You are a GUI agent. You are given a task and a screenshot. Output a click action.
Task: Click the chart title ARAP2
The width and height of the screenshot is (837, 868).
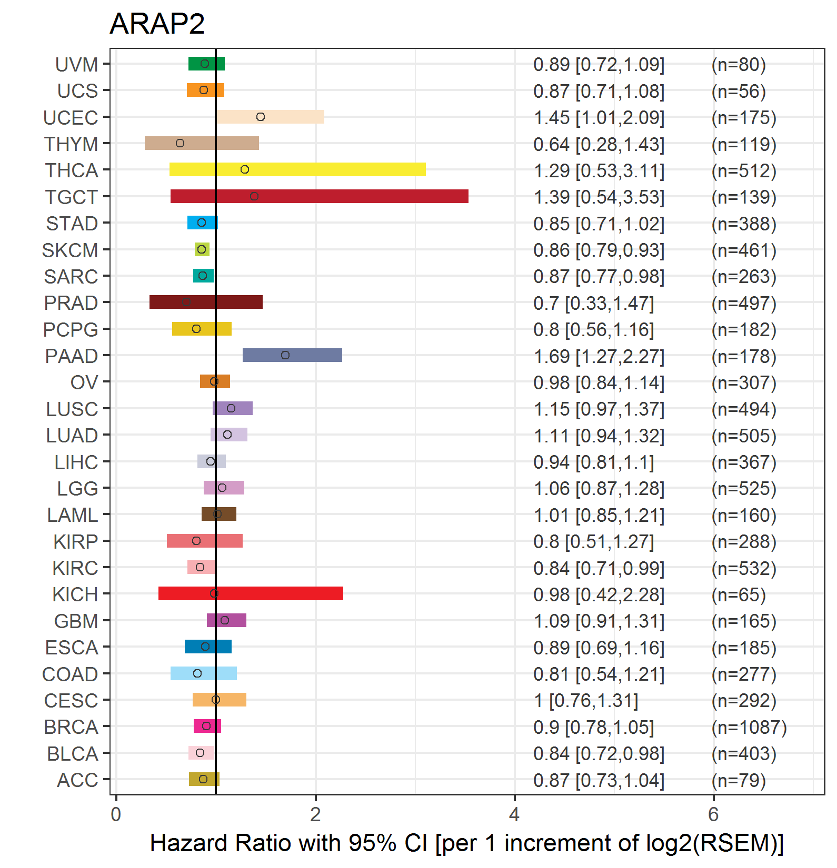click(x=157, y=24)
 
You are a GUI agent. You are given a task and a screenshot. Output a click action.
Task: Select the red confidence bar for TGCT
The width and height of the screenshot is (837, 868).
click(x=319, y=196)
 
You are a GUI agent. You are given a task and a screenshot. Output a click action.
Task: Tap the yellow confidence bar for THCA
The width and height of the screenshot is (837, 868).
click(x=297, y=169)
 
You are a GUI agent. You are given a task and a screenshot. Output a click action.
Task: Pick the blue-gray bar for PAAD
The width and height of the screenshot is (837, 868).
click(x=292, y=355)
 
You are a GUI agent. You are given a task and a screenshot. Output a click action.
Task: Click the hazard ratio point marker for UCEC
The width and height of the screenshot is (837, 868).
click(x=261, y=117)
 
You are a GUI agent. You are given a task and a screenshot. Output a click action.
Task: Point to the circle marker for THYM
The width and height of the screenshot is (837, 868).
click(x=180, y=143)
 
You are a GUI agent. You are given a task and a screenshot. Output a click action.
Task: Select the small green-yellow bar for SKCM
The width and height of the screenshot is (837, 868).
click(x=202, y=249)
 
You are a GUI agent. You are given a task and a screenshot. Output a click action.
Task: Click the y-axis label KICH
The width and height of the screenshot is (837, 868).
click(x=75, y=594)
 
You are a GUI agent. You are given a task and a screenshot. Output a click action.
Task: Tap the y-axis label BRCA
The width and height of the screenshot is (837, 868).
click(x=71, y=727)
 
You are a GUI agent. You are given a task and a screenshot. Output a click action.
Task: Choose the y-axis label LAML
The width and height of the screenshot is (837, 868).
click(x=73, y=515)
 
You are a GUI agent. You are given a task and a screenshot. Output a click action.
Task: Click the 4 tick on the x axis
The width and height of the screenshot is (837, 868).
click(x=514, y=814)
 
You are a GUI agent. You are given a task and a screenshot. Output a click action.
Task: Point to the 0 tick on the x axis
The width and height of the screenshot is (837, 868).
click(x=116, y=814)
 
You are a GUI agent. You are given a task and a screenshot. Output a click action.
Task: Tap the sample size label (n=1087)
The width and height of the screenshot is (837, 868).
click(x=749, y=727)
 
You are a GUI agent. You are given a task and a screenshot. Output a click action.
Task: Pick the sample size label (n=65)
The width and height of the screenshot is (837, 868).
click(x=738, y=594)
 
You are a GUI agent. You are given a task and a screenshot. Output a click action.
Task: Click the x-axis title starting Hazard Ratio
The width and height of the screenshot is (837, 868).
click(x=466, y=843)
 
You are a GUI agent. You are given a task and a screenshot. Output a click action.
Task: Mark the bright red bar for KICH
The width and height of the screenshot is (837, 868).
click(x=251, y=593)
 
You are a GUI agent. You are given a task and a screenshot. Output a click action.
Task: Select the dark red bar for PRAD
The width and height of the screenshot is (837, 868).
click(x=206, y=302)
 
